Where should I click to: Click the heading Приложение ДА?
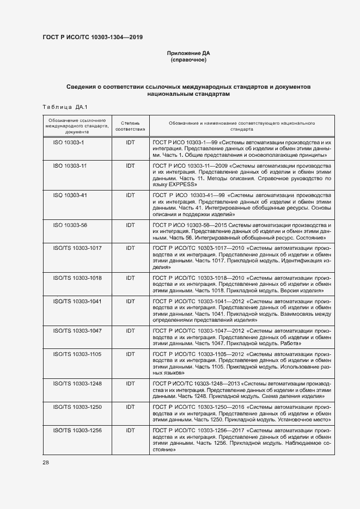coord(188,53)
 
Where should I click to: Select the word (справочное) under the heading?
coord(188,60)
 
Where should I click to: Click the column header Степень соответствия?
coord(130,127)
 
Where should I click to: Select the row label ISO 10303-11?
coord(70,165)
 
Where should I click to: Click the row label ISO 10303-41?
coord(70,195)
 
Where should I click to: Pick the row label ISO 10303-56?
coord(70,225)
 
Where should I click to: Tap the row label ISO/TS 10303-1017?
coord(77,248)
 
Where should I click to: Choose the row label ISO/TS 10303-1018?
coord(77,278)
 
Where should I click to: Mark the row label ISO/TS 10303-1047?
coord(77,330)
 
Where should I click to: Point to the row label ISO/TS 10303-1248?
coord(77,383)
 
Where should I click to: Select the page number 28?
coord(46,462)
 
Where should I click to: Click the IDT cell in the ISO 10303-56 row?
coord(130,225)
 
